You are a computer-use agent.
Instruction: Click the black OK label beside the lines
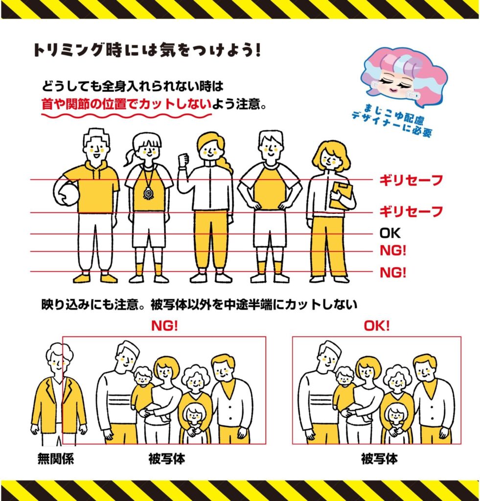389,233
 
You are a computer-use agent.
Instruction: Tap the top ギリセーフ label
411,180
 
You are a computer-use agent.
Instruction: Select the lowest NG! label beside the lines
393,273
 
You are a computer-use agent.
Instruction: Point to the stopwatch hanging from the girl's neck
148,193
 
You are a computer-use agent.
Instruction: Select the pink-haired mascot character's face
395,85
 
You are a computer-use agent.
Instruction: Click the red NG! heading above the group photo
164,325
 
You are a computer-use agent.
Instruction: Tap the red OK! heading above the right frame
377,325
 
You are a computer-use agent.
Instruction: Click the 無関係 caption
56,459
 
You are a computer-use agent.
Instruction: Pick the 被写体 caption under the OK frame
379,459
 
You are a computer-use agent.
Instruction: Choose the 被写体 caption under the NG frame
167,459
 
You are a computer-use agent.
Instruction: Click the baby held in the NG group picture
144,391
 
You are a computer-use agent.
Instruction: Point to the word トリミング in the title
68,50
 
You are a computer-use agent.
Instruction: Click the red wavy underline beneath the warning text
127,114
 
